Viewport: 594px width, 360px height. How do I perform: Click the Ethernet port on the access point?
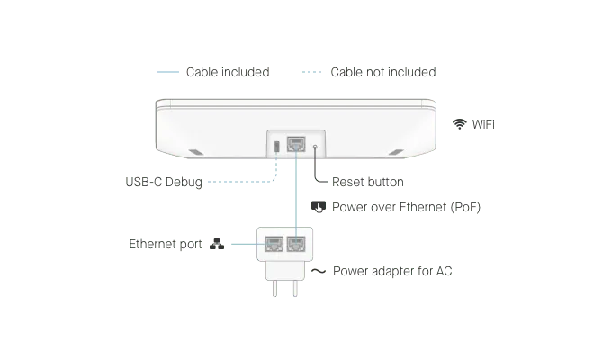pos(296,143)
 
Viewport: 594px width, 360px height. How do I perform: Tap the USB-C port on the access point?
pos(276,144)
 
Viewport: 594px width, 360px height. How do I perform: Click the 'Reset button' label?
pos(368,181)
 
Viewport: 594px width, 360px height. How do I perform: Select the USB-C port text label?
pos(162,181)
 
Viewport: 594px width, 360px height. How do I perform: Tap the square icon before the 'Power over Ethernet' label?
pos(317,206)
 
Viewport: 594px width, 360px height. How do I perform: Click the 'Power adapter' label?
pos(392,271)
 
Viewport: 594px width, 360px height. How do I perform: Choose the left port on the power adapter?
pos(273,243)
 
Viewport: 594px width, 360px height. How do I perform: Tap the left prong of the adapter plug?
pos(272,289)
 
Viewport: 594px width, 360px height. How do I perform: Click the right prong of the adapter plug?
pos(294,289)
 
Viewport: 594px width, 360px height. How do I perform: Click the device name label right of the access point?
pos(471,122)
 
